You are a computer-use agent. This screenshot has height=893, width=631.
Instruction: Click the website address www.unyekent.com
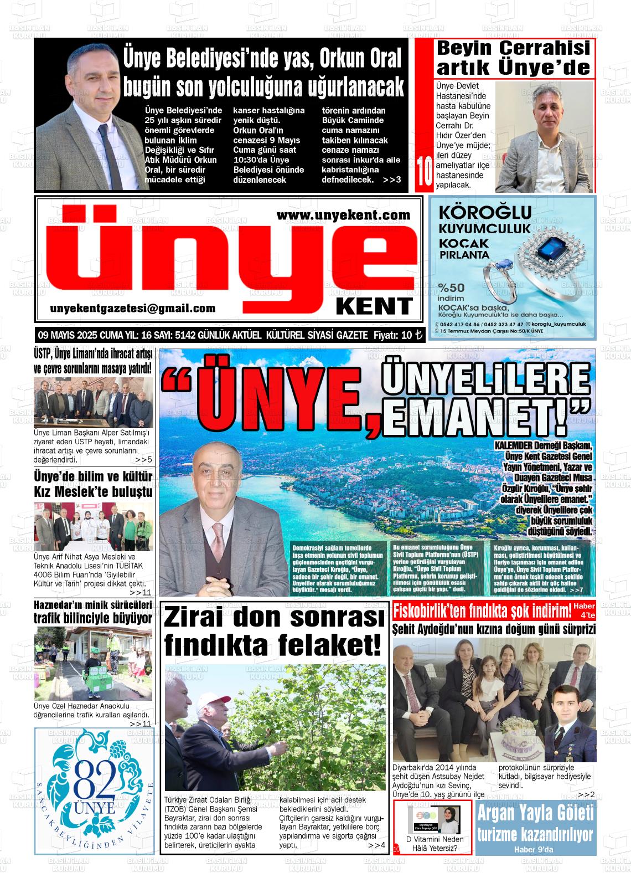[343, 215]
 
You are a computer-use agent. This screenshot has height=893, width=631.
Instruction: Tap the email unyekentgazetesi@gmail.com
[133, 309]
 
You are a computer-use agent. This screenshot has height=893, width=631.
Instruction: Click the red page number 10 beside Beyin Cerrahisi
[424, 173]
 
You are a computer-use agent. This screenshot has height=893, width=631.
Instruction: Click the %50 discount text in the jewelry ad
[451, 288]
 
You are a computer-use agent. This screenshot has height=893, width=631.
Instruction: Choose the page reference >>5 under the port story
[143, 460]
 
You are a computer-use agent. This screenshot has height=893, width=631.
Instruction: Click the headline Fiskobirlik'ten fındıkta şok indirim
[482, 612]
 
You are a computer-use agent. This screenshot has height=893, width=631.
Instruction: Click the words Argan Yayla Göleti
[535, 814]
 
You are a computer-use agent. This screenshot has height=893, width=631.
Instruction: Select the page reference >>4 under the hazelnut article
[376, 845]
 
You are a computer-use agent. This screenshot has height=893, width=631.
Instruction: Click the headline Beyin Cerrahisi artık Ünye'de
[513, 58]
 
